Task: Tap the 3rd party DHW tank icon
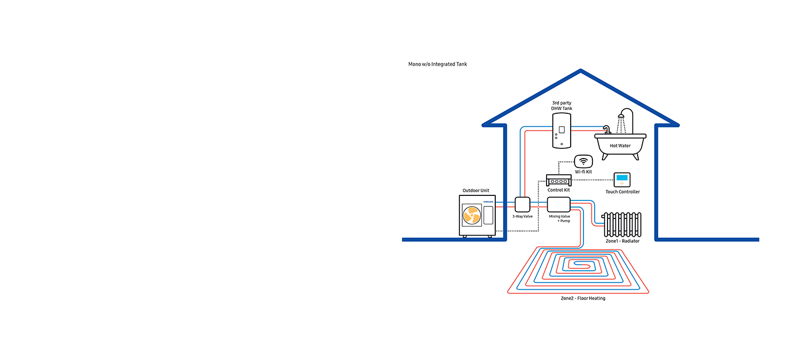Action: point(562,131)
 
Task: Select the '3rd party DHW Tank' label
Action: point(562,105)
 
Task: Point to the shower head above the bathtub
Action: point(620,119)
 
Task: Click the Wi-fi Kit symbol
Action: point(583,161)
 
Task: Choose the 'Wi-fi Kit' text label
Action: point(583,172)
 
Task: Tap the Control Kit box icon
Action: point(559,180)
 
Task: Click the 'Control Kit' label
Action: point(559,190)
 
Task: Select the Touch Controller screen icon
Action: point(622,180)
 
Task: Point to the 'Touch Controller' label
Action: point(623,192)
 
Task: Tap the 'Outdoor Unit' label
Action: point(476,190)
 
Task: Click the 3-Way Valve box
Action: point(522,204)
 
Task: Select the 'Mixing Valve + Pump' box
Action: point(558,204)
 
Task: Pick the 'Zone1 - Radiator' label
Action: point(623,241)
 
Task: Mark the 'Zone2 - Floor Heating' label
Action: point(583,299)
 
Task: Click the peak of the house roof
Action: point(581,71)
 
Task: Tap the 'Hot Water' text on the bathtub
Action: point(620,146)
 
